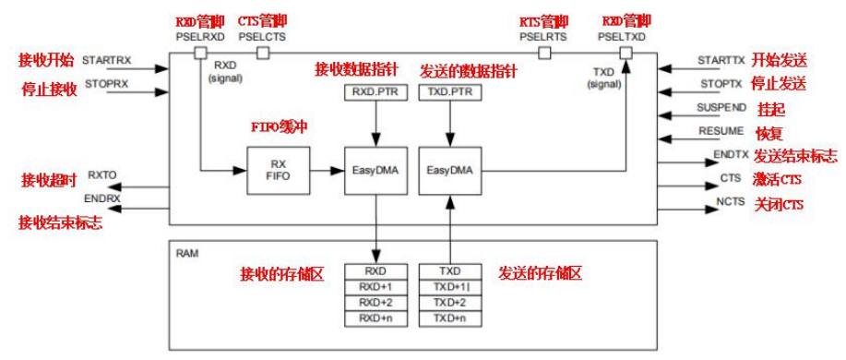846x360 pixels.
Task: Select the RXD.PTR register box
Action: point(372,93)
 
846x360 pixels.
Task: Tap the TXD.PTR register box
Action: point(448,93)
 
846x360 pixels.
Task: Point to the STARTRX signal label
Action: point(107,60)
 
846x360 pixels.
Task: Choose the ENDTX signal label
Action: point(728,154)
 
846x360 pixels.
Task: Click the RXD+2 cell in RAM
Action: point(375,303)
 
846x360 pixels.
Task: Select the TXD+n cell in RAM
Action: point(449,318)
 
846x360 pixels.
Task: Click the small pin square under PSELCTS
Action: point(262,54)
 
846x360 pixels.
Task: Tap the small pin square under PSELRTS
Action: point(544,54)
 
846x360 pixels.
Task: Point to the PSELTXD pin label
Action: point(622,36)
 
